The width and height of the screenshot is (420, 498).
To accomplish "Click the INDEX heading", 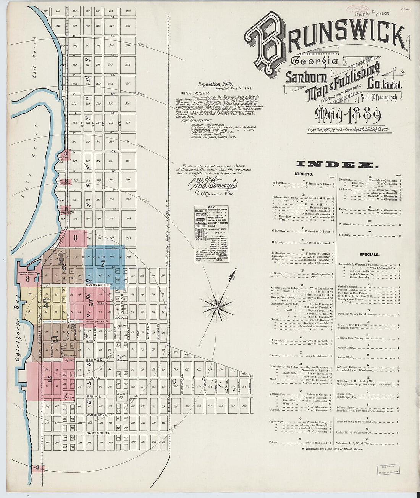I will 337,164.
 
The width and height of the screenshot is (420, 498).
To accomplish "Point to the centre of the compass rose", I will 217,306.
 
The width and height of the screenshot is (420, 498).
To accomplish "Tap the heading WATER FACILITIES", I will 195,93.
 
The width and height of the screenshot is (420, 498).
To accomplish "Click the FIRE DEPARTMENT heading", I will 196,121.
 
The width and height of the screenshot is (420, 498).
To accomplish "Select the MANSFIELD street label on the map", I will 97,321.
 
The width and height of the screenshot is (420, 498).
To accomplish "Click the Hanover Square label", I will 70,357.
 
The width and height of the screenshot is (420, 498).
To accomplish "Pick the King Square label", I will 69,396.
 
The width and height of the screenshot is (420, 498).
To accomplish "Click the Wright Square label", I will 122,359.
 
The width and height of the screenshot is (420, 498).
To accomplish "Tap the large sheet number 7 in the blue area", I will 102,263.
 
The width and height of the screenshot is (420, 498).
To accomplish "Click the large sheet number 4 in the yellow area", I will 46,305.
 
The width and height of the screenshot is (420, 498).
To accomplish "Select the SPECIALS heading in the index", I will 369,254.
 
